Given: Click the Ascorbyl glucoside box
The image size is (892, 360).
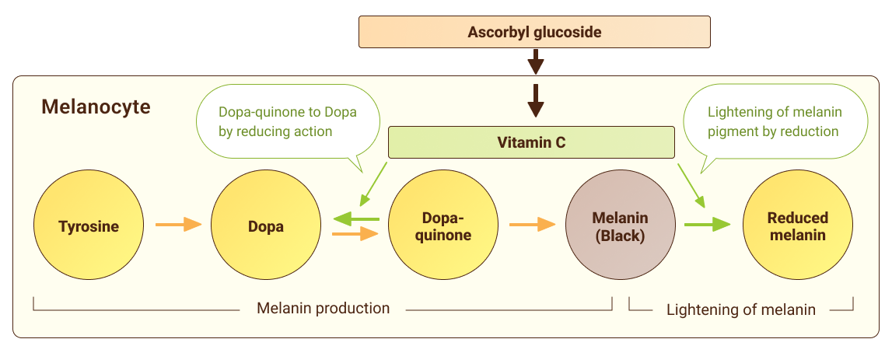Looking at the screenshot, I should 534,33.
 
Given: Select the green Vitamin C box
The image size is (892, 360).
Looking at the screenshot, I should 531,142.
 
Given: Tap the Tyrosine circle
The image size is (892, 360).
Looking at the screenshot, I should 89,226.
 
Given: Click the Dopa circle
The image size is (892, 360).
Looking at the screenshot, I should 266,226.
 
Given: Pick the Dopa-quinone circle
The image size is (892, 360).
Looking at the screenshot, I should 443,226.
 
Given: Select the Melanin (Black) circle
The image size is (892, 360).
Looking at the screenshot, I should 620,226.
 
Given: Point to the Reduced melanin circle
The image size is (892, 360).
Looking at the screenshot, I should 797,226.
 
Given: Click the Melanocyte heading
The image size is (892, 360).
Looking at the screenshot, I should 96,107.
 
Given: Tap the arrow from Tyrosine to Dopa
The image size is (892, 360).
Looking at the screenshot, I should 178,225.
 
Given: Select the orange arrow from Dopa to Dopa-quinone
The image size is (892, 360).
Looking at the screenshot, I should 355,233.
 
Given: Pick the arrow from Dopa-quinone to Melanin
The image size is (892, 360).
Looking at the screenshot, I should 532,225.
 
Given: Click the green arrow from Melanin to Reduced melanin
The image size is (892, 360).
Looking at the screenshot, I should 707,225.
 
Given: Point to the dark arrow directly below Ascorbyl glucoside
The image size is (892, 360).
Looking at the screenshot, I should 535,61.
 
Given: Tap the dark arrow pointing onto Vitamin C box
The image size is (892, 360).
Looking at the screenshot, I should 535,100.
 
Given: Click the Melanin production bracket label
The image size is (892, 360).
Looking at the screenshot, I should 323,308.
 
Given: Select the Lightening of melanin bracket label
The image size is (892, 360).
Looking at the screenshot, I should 740,309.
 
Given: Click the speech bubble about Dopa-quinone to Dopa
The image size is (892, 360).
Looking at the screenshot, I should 287,122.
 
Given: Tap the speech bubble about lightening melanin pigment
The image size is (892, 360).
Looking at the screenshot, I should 774,122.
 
